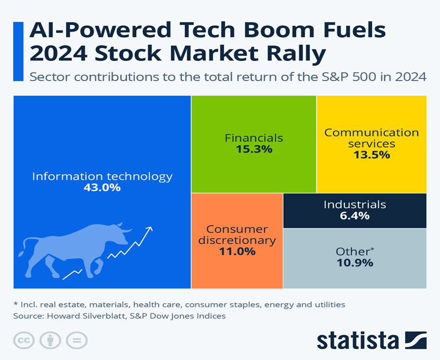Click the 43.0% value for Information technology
(102, 187)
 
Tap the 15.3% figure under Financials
(254, 149)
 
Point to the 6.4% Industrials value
(355, 215)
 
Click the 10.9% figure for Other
(355, 263)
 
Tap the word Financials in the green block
(254, 138)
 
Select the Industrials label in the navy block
(355, 204)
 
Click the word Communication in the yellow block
(372, 132)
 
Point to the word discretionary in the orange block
(241, 240)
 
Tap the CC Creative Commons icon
(23, 341)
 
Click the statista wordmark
(358, 341)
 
